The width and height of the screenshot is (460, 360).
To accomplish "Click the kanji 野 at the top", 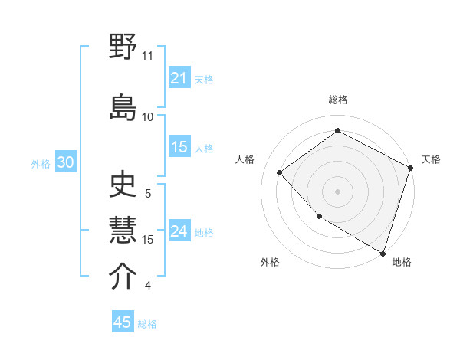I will (x=123, y=48).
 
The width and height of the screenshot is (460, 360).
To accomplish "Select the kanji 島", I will (x=123, y=106).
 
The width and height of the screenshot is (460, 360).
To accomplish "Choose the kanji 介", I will (x=123, y=277).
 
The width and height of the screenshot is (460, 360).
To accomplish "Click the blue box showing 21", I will (x=179, y=78).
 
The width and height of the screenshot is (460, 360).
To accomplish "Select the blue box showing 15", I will (x=179, y=148).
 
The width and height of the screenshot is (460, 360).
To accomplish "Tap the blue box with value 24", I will (x=179, y=232).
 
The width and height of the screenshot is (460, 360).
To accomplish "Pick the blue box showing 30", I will (x=65, y=163).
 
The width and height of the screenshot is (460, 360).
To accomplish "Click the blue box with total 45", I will (x=123, y=322).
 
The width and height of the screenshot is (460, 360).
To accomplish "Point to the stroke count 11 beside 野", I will (x=148, y=56).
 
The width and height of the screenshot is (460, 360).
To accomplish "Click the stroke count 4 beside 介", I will (x=148, y=286).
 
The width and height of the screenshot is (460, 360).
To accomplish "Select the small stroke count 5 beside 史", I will (x=148, y=194).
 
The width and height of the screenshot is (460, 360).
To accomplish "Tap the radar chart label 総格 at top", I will (x=337, y=100).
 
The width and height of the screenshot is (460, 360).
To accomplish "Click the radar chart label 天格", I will (x=431, y=159).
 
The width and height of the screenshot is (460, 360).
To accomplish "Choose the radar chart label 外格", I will (x=270, y=262).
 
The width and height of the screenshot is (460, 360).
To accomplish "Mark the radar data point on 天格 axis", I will (x=411, y=168).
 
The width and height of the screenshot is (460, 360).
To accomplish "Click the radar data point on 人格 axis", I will (x=280, y=172).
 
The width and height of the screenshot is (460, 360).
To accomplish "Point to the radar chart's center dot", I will (x=337, y=191).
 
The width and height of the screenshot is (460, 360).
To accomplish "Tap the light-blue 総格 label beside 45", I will (x=147, y=324).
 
